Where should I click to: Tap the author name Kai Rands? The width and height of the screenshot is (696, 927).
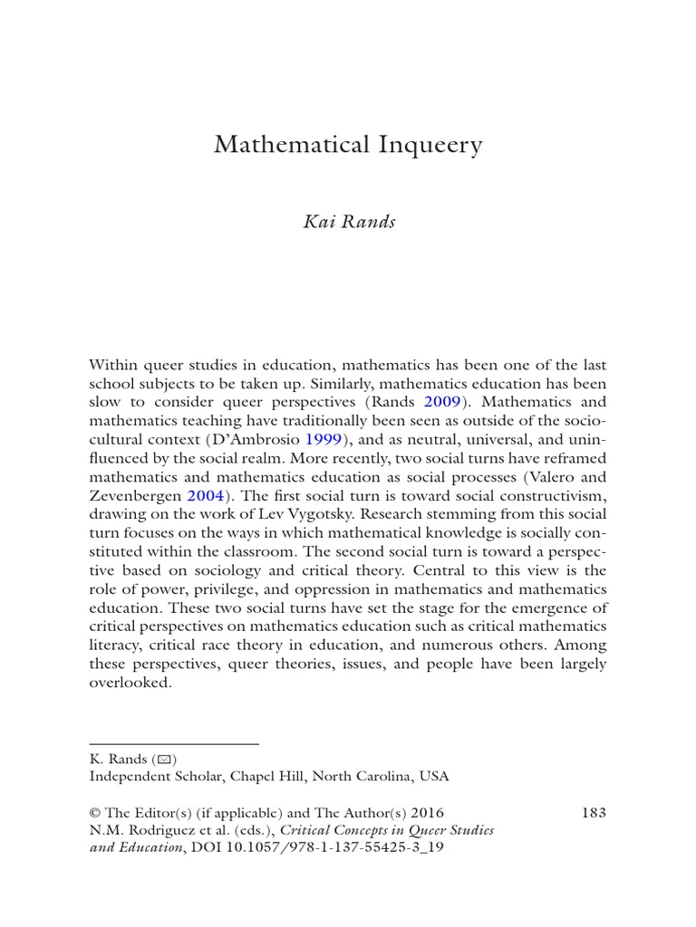coord(349,222)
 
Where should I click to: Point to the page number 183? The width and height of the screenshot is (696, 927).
coord(593,813)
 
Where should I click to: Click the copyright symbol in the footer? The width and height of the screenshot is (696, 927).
coord(95,813)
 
